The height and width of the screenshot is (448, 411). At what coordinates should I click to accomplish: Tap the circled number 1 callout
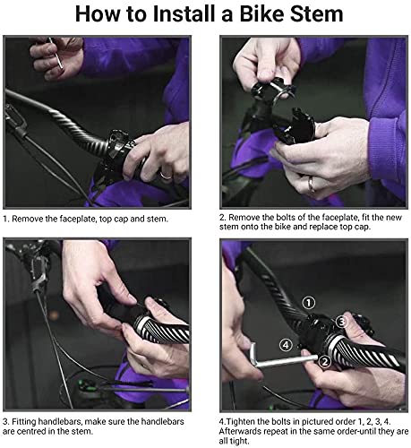click(309, 303)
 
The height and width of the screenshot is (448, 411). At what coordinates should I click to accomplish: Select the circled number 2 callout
click(325, 362)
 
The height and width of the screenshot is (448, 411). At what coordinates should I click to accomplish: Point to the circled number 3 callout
click(342, 322)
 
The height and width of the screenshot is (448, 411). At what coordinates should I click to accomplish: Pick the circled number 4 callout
click(286, 345)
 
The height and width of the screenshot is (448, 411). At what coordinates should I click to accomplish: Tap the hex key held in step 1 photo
click(56, 53)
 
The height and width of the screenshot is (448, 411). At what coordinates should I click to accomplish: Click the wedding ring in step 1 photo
click(166, 176)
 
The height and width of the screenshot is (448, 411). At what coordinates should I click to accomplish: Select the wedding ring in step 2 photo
click(312, 185)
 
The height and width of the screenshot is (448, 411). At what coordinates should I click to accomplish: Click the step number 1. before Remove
click(6, 219)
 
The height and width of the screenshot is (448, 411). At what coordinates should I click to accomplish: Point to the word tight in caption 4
click(239, 441)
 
